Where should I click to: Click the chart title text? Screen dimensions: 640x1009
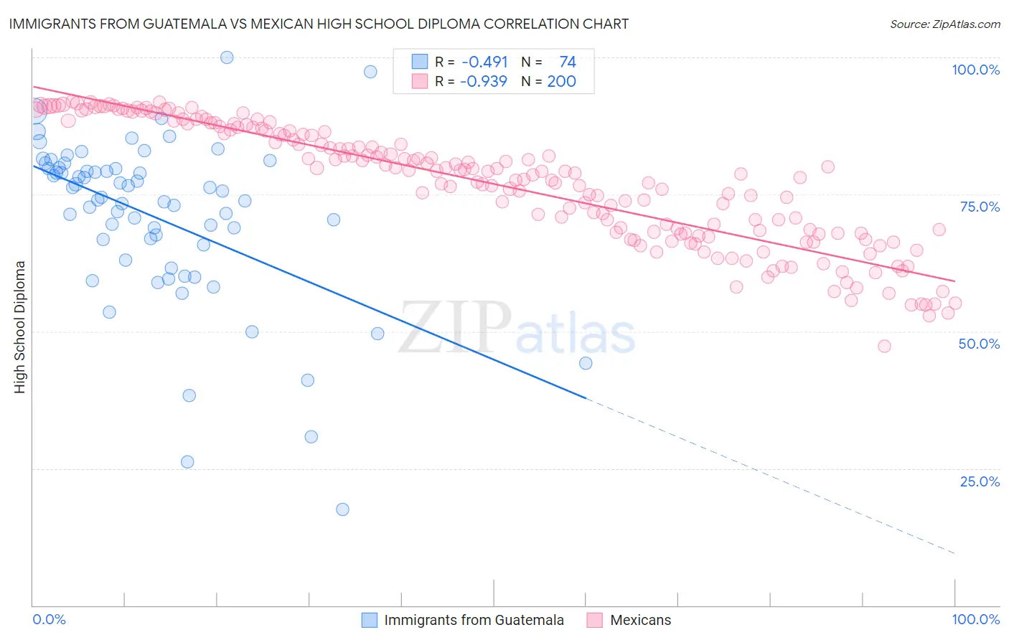(x=319, y=24)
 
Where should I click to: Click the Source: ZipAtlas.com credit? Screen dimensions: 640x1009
(x=944, y=24)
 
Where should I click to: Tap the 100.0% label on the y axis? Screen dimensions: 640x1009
(x=975, y=70)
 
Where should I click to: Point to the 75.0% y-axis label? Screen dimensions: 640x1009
(x=980, y=207)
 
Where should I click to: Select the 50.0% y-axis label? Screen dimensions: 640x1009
(x=979, y=344)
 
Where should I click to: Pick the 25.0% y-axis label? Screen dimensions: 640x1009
(x=980, y=481)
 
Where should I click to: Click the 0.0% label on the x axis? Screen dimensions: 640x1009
(x=49, y=619)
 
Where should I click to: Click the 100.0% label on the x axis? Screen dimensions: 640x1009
(x=975, y=619)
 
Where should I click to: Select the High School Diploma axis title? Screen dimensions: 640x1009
(x=19, y=326)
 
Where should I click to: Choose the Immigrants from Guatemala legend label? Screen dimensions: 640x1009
(x=474, y=620)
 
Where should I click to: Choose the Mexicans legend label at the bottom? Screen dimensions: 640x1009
(x=640, y=620)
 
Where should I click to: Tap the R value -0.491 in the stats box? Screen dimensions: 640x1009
(x=484, y=62)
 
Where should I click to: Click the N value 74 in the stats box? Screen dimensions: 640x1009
(x=568, y=62)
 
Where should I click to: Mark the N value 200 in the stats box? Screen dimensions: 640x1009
(x=561, y=81)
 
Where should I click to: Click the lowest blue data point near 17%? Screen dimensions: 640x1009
(x=342, y=509)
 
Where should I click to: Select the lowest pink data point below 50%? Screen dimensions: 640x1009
(x=884, y=346)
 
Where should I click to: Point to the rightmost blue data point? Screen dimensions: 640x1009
(x=586, y=363)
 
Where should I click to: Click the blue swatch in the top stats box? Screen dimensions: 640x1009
(x=420, y=62)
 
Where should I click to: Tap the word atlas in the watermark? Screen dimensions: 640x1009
(x=576, y=334)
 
